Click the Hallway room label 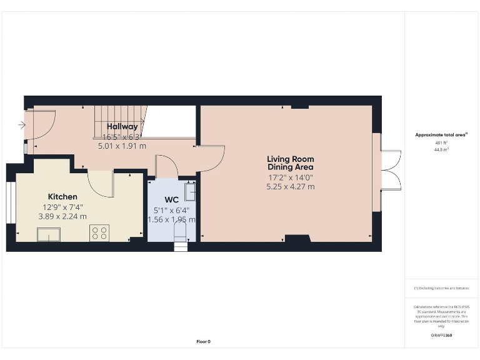coord(122,127)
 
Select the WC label coord(171,200)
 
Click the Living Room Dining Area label coord(290,163)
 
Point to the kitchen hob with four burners coord(99,233)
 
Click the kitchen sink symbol coord(49,234)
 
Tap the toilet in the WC coord(180,233)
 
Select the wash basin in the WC coord(191,191)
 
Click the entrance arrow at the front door coord(22,125)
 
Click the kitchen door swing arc coord(100,182)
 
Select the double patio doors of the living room coord(391,169)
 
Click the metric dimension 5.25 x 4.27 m coord(290,186)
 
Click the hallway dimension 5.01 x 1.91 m coord(122,146)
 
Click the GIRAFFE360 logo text coord(441,336)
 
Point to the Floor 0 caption coord(204,341)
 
